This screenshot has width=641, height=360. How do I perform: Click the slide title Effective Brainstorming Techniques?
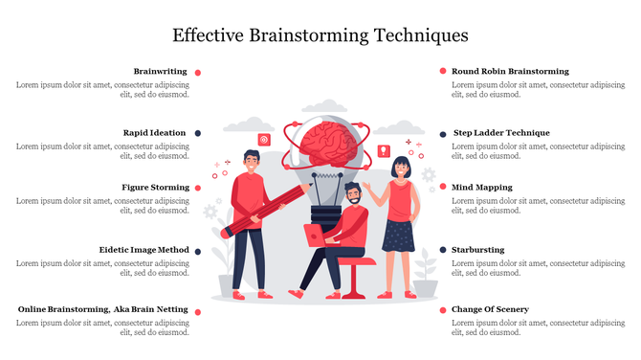tap(320, 36)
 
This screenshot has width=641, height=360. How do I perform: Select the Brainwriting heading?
tap(160, 72)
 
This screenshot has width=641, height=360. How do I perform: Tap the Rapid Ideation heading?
tap(155, 133)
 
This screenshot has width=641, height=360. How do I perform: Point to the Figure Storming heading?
tap(155, 188)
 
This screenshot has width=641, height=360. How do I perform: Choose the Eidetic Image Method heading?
tap(144, 250)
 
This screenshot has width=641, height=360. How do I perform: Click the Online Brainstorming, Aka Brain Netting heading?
tap(102, 310)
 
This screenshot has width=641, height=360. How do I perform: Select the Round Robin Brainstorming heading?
tap(510, 72)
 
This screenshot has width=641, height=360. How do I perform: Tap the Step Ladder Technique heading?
tap(500, 133)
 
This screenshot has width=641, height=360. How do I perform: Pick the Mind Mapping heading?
tap(481, 188)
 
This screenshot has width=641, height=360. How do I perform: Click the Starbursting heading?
tap(477, 250)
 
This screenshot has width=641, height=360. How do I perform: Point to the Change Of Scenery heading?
tap(490, 310)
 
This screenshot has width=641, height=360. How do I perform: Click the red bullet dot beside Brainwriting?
tap(198, 72)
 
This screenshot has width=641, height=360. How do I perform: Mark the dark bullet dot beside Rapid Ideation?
tap(198, 133)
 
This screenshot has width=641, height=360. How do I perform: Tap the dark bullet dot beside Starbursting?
tap(442, 250)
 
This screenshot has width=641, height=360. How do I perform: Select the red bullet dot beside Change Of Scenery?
tap(442, 310)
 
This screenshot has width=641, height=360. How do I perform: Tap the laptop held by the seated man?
tap(315, 235)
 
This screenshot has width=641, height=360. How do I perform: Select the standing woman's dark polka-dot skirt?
tap(398, 235)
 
